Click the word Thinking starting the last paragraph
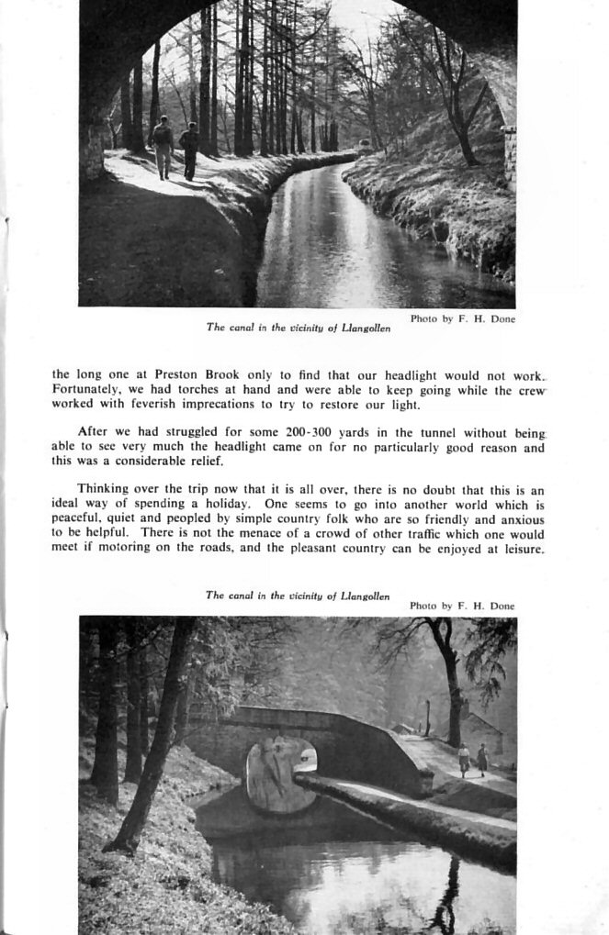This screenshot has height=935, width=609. tap(105, 489)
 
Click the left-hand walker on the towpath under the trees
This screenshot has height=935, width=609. tap(163, 147)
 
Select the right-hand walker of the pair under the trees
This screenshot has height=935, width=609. tap(189, 150)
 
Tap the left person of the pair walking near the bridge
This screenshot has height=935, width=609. tap(464, 758)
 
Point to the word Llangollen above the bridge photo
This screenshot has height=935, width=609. tap(366, 596)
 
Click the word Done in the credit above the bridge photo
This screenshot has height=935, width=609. tap(502, 606)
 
